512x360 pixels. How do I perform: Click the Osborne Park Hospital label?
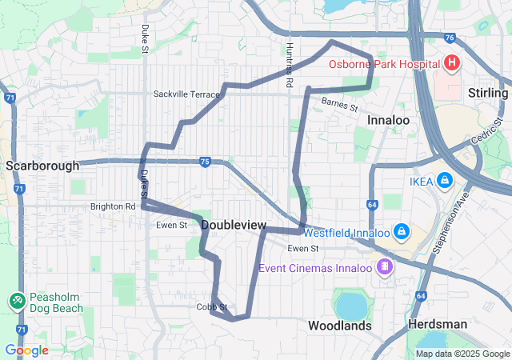tap(384, 63)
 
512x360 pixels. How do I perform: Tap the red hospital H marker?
tap(451, 62)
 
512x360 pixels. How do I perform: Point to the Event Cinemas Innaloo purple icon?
tap(385, 266)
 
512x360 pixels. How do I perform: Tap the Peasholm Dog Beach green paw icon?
tap(17, 301)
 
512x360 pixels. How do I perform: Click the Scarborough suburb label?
tap(42, 166)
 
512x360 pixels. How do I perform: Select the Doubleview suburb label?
tap(234, 226)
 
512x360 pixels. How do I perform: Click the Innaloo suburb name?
tap(388, 120)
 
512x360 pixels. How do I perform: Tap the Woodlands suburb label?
tap(340, 326)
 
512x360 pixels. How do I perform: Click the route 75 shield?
tap(205, 162)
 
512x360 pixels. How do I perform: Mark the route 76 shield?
tap(450, 37)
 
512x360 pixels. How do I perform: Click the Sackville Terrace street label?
tap(186, 94)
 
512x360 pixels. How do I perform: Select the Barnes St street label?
tap(339, 103)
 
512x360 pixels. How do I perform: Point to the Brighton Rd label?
tap(113, 206)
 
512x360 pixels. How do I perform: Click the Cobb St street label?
tap(212, 306)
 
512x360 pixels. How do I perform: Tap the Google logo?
tap(26, 350)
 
